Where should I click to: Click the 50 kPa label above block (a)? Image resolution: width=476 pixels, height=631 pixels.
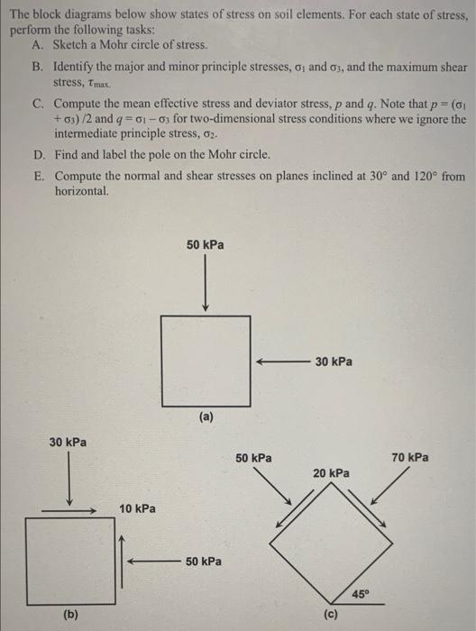(x=206, y=244)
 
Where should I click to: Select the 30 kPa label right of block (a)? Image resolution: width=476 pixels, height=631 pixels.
(x=334, y=361)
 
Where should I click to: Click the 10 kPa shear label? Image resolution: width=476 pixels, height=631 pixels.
(x=137, y=509)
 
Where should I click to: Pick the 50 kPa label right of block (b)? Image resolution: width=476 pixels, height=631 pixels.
(x=205, y=562)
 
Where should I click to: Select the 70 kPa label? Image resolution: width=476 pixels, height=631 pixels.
(x=410, y=458)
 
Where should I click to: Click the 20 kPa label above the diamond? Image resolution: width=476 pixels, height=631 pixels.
(x=332, y=472)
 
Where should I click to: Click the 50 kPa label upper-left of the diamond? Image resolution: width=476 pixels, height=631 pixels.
(x=254, y=458)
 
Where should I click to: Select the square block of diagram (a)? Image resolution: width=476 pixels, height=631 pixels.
(x=206, y=358)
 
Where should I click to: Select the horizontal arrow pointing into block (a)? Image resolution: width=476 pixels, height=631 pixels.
(x=280, y=361)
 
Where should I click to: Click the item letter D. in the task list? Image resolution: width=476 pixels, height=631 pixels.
(x=35, y=154)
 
